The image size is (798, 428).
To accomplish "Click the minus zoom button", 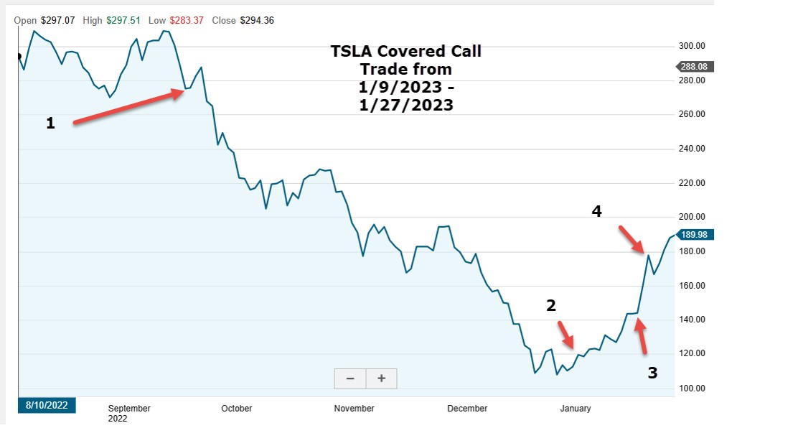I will tap(350, 378).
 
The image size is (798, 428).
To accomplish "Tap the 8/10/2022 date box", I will tap(47, 405).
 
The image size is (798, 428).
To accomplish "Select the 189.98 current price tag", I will tap(693, 235).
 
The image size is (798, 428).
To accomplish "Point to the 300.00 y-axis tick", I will tap(693, 46).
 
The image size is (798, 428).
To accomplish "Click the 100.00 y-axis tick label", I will tap(693, 389).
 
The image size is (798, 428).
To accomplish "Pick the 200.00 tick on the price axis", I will tap(693, 217).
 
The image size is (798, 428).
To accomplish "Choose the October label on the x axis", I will tap(236, 409).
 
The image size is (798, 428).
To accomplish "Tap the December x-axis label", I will tap(467, 409).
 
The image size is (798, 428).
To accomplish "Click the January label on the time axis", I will tap(575, 409).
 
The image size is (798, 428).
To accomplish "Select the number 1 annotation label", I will tap(50, 124).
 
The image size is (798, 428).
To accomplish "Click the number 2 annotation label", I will tap(551, 305).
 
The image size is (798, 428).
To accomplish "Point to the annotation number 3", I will tap(652, 373).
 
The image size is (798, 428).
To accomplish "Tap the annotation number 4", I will tap(596, 211).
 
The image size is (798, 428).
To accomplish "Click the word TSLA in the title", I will tap(352, 52).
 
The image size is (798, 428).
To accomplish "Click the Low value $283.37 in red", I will tap(189, 21).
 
